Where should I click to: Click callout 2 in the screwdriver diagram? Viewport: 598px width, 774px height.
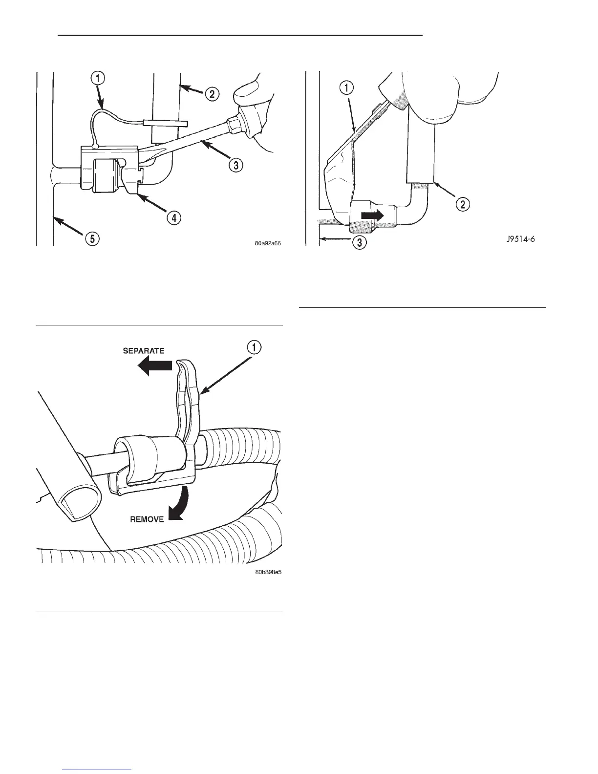(211, 94)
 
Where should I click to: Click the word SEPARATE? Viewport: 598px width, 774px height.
(143, 350)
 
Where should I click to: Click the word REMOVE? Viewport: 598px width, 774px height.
(147, 519)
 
